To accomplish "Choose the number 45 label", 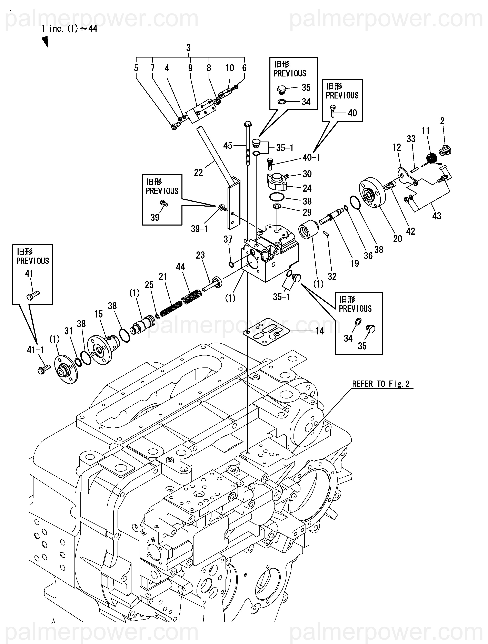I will click(x=228, y=146).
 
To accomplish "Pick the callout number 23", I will click(x=200, y=255).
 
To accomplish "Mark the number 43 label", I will click(x=436, y=216).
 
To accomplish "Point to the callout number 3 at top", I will click(x=189, y=48).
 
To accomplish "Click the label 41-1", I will click(x=36, y=350).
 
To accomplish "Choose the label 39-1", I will click(x=200, y=229).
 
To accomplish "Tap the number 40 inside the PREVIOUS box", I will click(x=352, y=113).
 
